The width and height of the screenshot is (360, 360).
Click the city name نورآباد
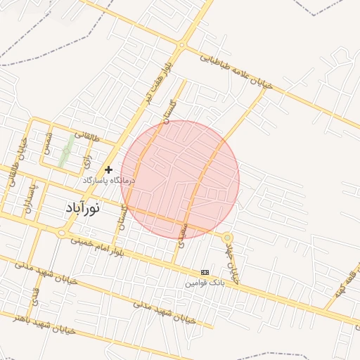82,207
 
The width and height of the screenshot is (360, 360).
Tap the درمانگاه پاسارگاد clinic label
109,181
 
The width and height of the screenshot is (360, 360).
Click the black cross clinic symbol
108,169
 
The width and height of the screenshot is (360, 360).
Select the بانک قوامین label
205,283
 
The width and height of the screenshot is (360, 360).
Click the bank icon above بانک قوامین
205,272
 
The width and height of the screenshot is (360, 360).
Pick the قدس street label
34,299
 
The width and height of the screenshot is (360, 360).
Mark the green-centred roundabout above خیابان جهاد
227,238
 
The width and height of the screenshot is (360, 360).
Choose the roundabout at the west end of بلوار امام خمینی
62,232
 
